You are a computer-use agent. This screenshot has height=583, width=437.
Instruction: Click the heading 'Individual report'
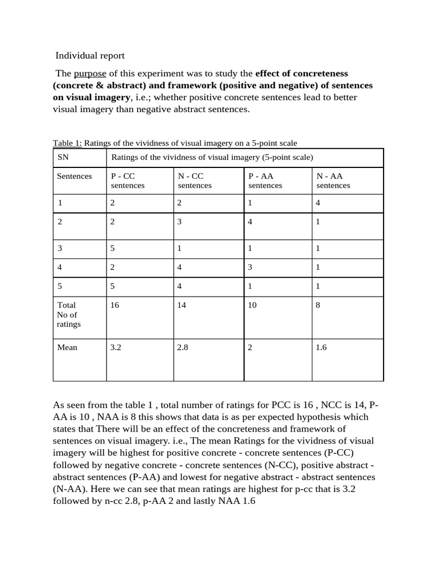(x=89, y=56)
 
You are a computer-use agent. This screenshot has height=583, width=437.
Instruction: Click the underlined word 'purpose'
(x=90, y=73)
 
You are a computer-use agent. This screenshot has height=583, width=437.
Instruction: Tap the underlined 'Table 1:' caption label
(x=67, y=143)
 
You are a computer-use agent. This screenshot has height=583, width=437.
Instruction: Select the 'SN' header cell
(x=63, y=157)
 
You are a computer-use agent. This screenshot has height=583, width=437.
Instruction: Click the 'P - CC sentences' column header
(x=127, y=180)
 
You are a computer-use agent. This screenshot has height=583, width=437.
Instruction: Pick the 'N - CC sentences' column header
(x=195, y=180)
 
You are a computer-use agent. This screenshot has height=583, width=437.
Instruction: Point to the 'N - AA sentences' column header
(x=333, y=180)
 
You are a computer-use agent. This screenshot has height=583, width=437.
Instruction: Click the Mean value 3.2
(x=116, y=347)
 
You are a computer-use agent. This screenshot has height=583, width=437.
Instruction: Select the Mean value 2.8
(x=183, y=347)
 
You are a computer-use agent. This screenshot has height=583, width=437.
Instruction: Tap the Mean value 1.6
(x=321, y=347)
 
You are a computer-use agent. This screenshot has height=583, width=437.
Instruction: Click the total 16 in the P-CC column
(x=115, y=305)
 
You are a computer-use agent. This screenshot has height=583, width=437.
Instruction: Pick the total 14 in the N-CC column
(x=182, y=305)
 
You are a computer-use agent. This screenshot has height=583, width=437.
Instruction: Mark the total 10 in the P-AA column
(x=252, y=305)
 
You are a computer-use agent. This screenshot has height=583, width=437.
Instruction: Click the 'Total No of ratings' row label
(x=69, y=314)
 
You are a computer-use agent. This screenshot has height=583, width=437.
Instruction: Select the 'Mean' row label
(x=67, y=347)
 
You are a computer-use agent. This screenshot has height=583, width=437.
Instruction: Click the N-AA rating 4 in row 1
(x=319, y=203)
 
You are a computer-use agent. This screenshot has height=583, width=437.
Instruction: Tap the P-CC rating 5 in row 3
(x=113, y=248)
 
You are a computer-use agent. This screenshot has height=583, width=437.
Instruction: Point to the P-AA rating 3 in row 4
(x=250, y=267)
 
